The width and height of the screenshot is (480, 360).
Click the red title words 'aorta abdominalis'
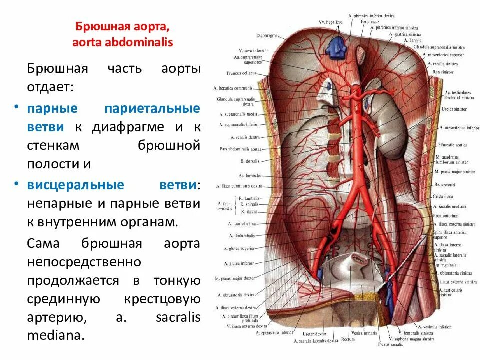click(x=122, y=42)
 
